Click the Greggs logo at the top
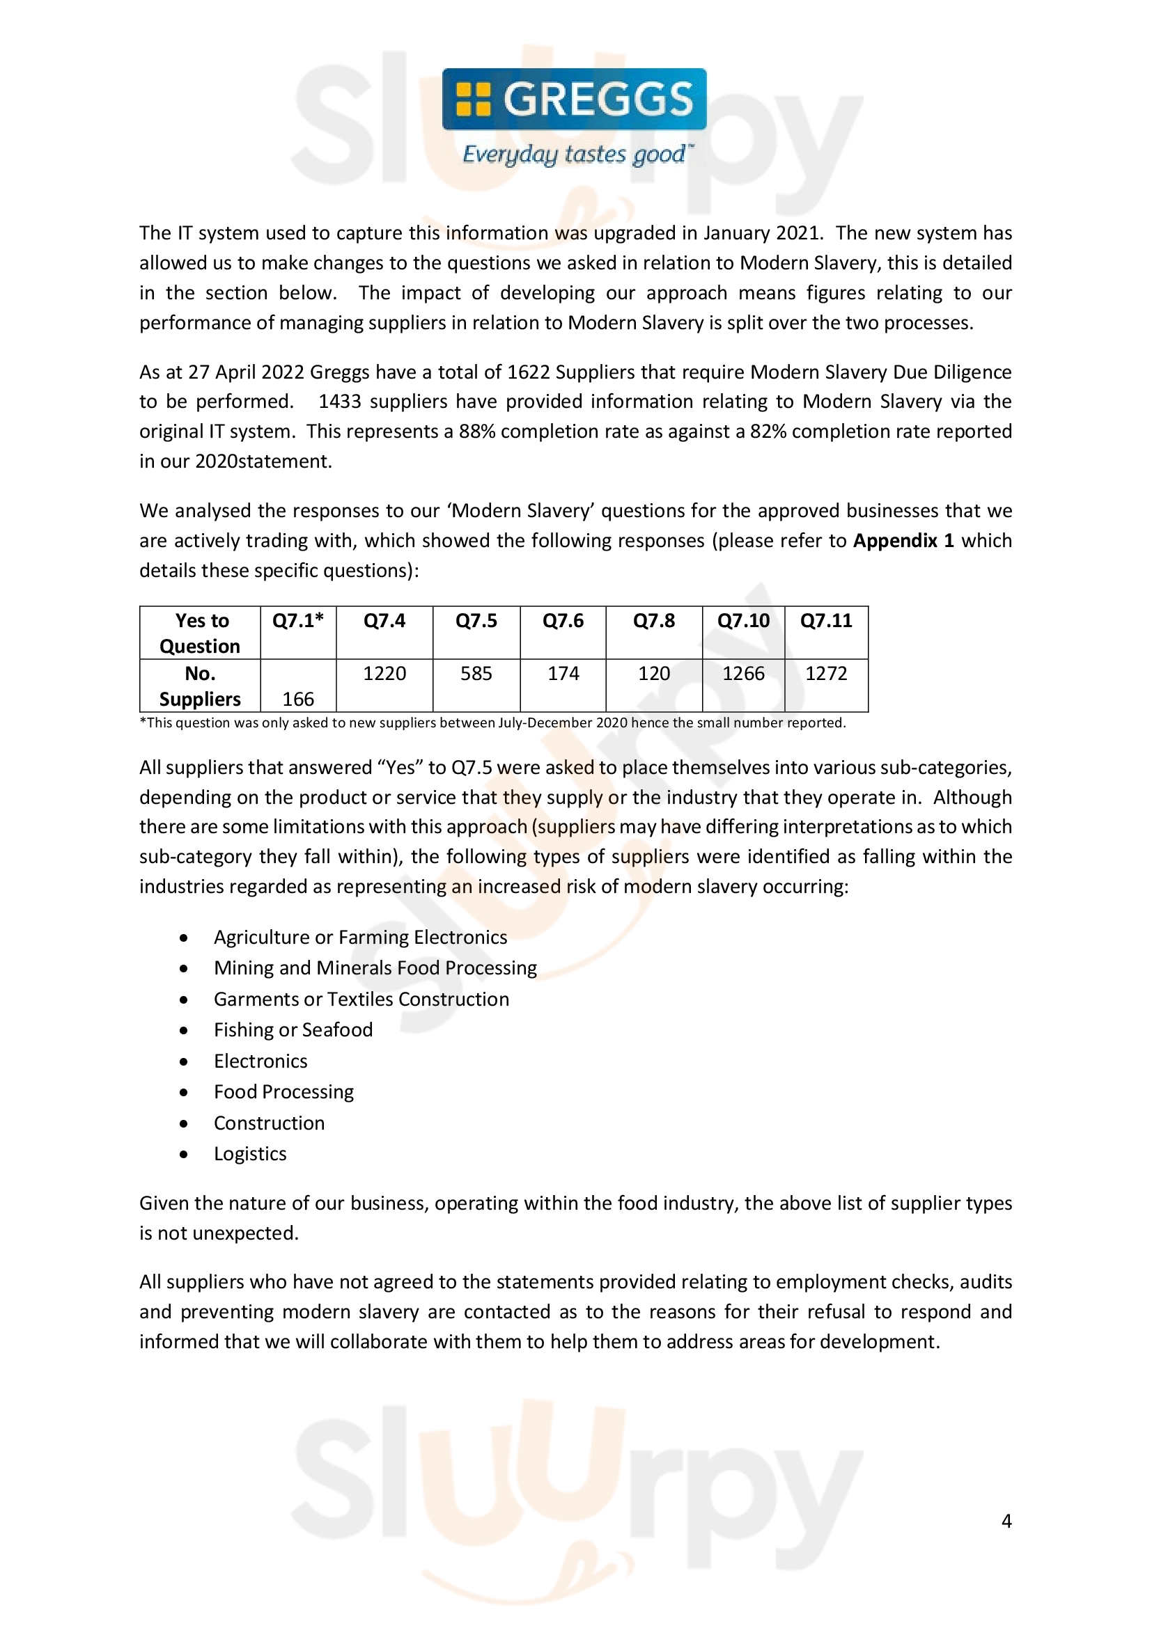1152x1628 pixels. tap(574, 100)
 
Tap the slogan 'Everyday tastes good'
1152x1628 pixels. tap(574, 155)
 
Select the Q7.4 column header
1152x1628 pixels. tap(384, 621)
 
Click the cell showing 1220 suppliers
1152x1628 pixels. tap(384, 674)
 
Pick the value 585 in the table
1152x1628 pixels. tap(476, 674)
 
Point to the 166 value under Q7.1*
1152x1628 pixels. tap(298, 700)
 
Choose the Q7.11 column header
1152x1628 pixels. tap(827, 621)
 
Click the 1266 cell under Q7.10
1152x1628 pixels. tap(743, 674)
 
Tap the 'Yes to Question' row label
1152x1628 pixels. tap(201, 633)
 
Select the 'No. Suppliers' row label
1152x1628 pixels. tap(201, 686)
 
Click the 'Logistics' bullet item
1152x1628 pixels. tap(251, 1154)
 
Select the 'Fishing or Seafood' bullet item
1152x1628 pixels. tap(293, 1030)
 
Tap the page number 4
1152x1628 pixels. tap(1006, 1521)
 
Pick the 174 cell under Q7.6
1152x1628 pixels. tap(563, 674)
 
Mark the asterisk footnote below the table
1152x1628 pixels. tap(492, 723)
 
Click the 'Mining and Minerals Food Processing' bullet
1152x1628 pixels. tap(375, 969)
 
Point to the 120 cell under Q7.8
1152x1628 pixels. tap(654, 674)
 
